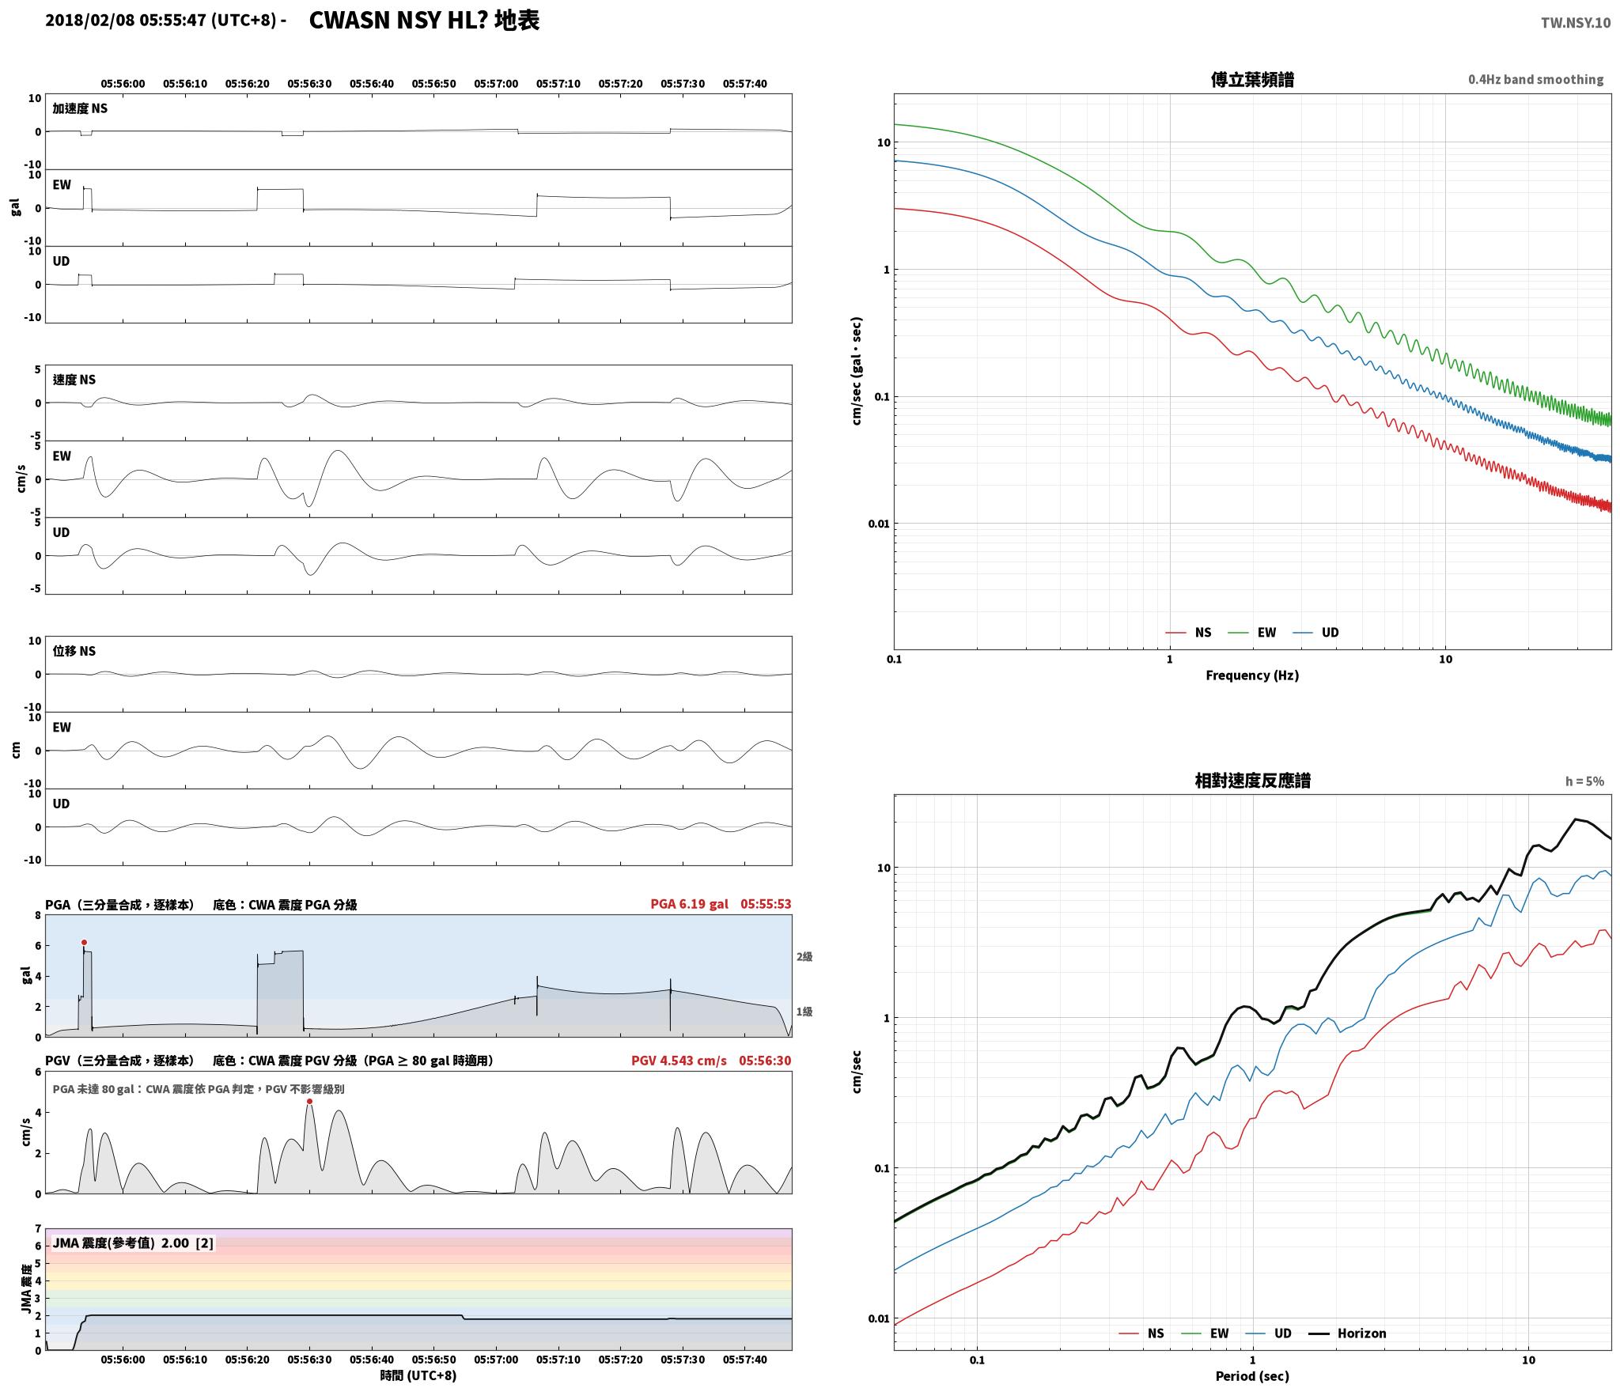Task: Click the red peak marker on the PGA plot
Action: click(84, 942)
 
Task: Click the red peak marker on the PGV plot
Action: click(309, 1101)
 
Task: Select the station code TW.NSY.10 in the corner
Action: click(1575, 23)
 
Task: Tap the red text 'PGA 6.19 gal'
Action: click(689, 903)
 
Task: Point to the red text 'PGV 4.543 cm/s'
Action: click(679, 1060)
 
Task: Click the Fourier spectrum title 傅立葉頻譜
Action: click(1252, 79)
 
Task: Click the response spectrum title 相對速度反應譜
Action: click(1252, 781)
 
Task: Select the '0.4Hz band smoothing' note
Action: click(1535, 79)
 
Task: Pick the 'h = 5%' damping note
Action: click(1584, 781)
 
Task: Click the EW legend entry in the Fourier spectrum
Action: click(1252, 632)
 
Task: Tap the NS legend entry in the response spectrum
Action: click(1141, 1333)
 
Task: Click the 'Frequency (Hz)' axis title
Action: click(1252, 675)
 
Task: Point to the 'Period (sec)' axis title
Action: click(1252, 1375)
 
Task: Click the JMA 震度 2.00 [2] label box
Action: click(133, 1243)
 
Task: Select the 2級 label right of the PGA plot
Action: click(804, 956)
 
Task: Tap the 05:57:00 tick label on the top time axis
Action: click(496, 83)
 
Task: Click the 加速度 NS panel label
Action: click(80, 108)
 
